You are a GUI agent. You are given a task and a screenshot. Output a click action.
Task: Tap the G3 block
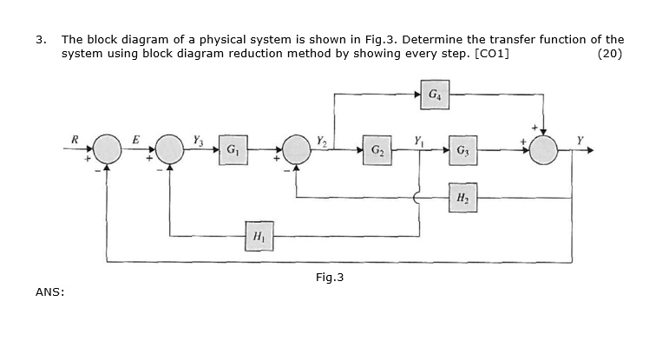(462, 149)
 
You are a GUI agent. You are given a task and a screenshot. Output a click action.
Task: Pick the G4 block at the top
(434, 91)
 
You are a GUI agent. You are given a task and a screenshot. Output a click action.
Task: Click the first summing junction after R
(108, 150)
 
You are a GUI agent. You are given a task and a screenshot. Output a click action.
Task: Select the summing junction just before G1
(170, 150)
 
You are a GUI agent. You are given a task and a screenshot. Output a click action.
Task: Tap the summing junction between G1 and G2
(297, 150)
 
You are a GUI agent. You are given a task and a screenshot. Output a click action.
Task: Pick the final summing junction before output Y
(545, 150)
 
